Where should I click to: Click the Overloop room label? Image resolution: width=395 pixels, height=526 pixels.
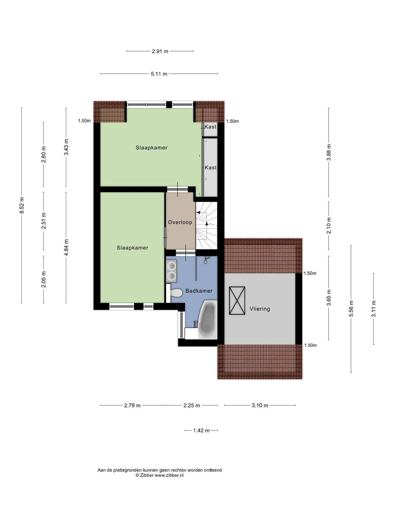[x=180, y=222]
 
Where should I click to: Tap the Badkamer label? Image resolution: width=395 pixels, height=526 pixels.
[x=199, y=291]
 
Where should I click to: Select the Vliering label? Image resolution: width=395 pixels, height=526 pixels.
[x=260, y=309]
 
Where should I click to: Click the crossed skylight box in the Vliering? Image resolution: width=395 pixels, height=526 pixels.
[x=237, y=300]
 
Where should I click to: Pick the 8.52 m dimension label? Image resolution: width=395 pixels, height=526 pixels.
[x=22, y=205]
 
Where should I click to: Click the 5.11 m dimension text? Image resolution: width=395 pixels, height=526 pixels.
[x=159, y=74]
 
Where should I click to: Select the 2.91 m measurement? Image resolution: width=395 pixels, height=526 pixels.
[x=160, y=51]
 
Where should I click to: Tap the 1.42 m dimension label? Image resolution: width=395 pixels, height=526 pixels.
[x=201, y=430]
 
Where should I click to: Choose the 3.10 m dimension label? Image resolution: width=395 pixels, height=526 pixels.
[x=260, y=406]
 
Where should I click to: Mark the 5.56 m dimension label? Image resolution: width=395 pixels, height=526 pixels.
[x=351, y=308]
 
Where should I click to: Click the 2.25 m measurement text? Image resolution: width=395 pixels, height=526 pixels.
[x=192, y=406]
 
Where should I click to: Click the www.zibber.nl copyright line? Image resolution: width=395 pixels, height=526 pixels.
[x=160, y=475]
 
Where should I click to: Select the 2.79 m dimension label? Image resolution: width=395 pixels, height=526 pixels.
[x=132, y=406]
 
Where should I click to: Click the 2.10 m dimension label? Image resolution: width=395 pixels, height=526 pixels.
[x=329, y=226]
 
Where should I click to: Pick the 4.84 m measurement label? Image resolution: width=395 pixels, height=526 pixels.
[x=66, y=247]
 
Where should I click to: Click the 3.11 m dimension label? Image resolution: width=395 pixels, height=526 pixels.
[x=374, y=309]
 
